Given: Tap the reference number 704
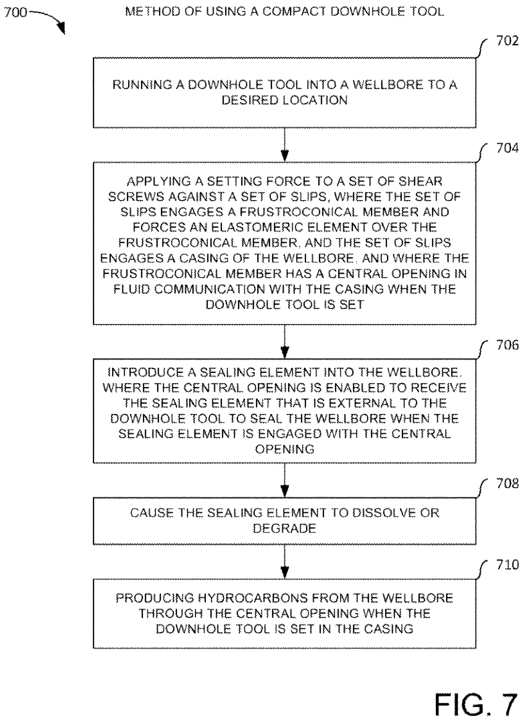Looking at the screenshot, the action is click(507, 148).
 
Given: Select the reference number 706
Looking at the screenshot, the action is click(507, 345).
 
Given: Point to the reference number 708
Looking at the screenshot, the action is click(507, 483).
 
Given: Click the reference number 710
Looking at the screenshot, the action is click(507, 565).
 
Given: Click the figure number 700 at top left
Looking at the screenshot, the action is click(16, 12).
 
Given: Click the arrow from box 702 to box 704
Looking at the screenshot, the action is click(285, 145).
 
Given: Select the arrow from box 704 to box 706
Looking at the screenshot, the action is click(285, 342).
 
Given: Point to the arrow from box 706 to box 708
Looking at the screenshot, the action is click(285, 480).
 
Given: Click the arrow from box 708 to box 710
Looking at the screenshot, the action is click(285, 562).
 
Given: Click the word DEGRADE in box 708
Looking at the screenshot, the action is click(285, 528).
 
